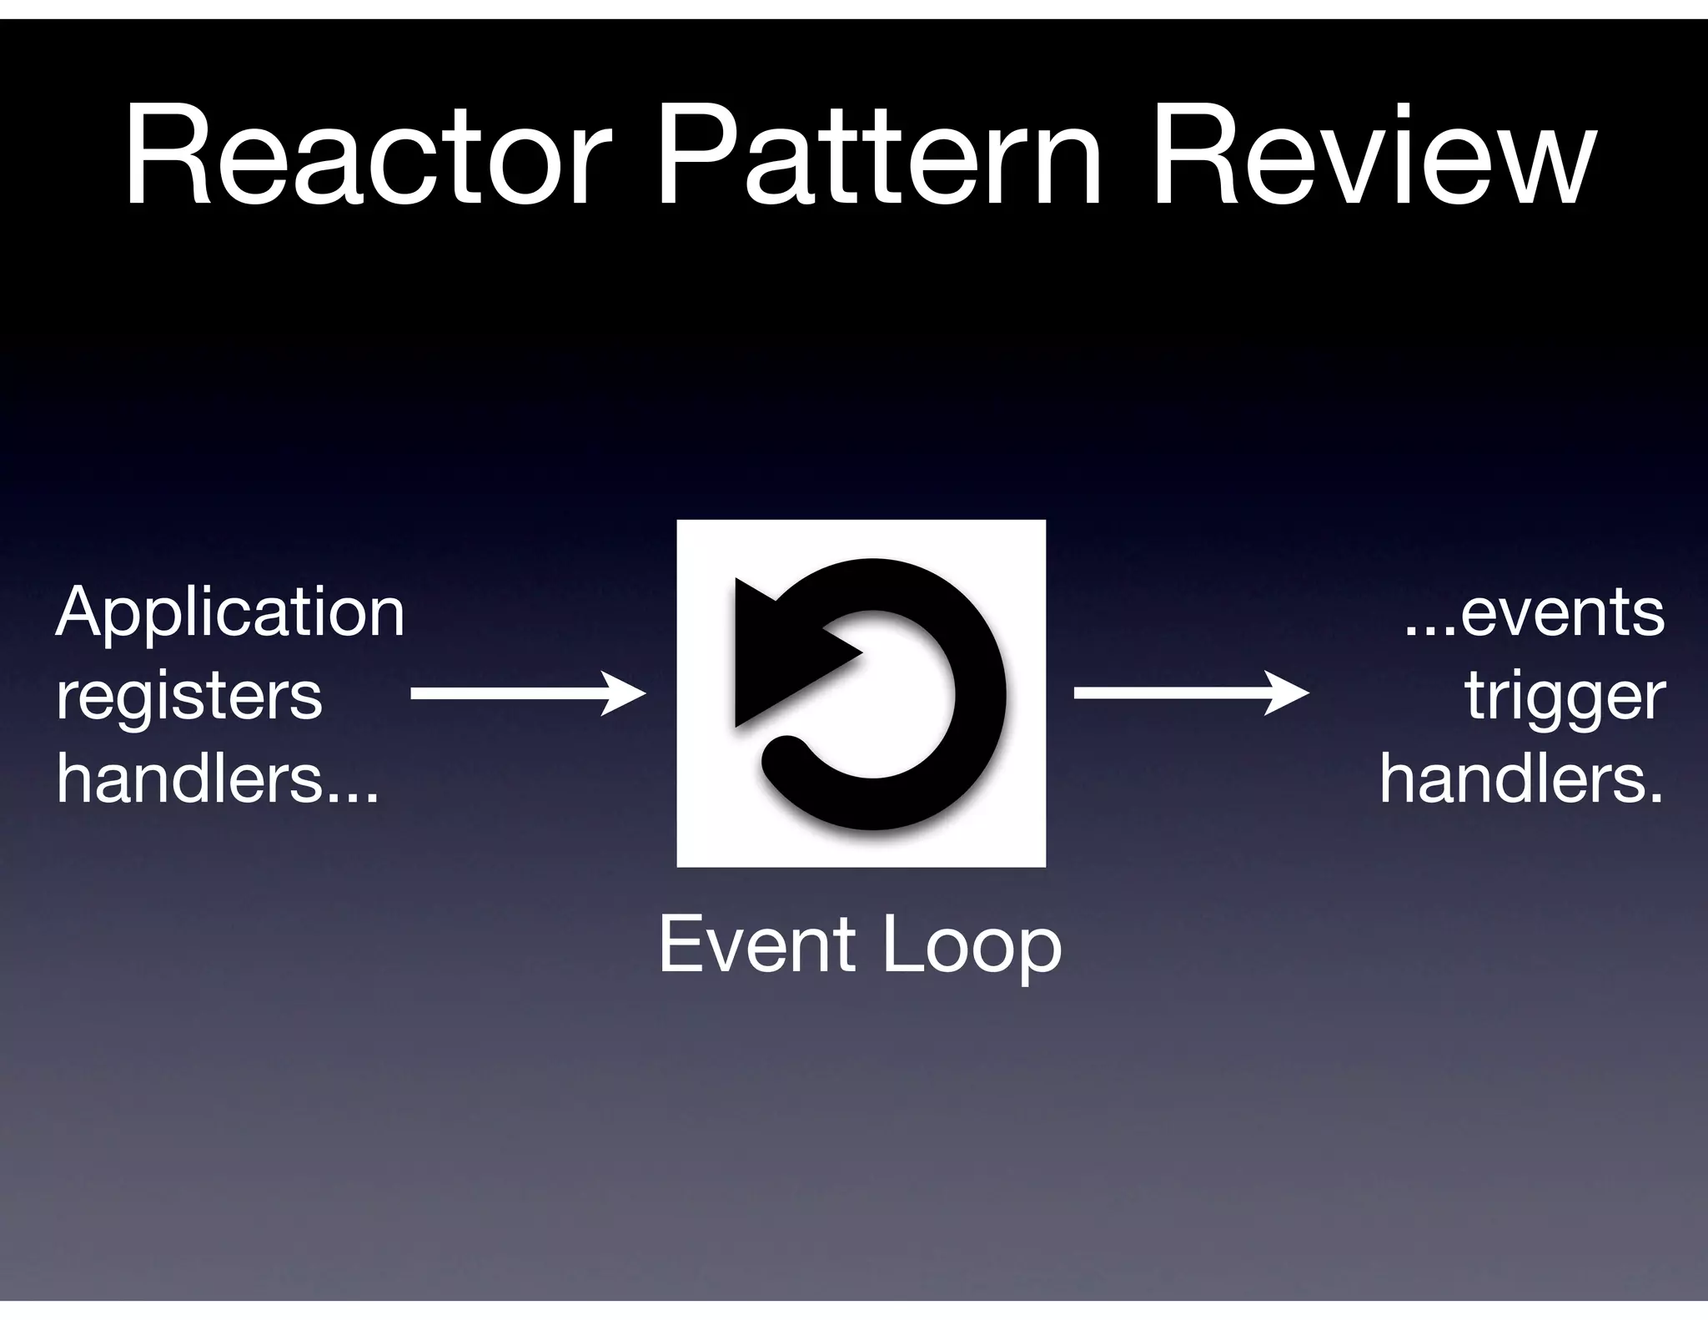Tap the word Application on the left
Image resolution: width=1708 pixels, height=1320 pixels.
pos(230,612)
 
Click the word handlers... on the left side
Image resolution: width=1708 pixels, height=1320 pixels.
pos(218,778)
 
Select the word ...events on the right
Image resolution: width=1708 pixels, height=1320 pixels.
pos(1535,612)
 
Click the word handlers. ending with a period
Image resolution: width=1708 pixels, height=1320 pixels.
pos(1521,778)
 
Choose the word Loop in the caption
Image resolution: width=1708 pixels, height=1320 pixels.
pos(972,946)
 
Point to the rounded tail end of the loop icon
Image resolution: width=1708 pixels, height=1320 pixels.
pos(784,755)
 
